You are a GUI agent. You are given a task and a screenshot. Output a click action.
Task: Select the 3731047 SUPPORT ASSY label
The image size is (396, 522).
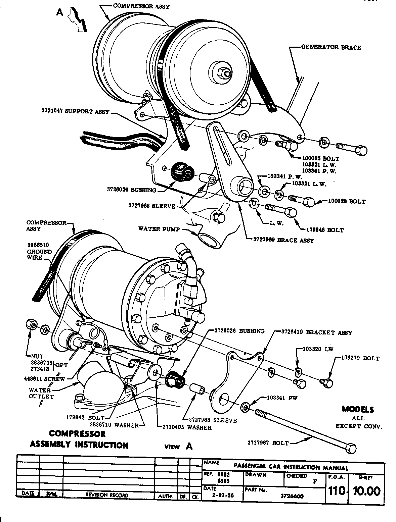click(x=76, y=112)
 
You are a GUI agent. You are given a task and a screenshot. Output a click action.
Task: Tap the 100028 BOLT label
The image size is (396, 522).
click(x=347, y=202)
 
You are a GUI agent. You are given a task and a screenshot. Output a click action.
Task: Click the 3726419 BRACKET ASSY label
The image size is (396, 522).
click(x=316, y=333)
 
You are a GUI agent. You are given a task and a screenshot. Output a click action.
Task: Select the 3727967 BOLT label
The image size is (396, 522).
click(x=268, y=443)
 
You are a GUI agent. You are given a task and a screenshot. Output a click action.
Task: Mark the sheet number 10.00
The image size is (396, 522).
click(x=365, y=491)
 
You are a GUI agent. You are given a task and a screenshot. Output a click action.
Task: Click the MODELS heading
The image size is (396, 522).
click(x=358, y=409)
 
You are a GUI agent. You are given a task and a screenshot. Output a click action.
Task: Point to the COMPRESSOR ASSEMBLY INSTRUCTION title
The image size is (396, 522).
click(x=79, y=439)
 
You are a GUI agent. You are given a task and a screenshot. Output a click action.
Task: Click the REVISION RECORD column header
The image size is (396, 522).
click(x=107, y=495)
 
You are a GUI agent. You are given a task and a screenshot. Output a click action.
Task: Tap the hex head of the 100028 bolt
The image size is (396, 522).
click(x=309, y=202)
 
